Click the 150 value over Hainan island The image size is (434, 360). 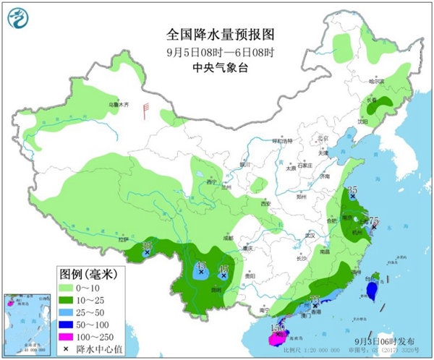coord(276,328)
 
